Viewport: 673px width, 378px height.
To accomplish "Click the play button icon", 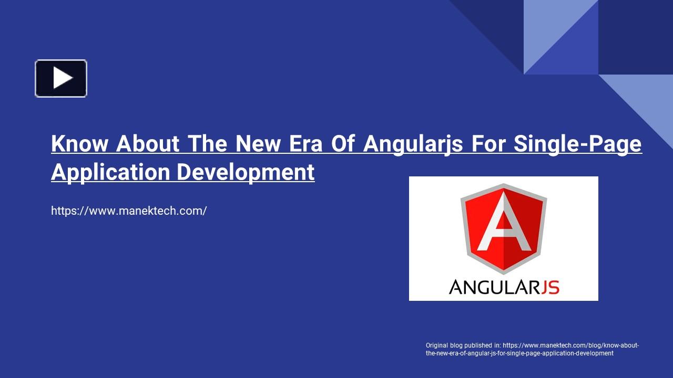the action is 61,78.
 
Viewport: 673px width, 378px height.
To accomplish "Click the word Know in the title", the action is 79,143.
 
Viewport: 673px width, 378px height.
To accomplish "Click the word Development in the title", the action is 246,173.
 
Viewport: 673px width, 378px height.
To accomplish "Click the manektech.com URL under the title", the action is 129,211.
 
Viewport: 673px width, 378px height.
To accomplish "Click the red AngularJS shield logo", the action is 504,228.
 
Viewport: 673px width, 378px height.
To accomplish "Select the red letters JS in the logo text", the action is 550,287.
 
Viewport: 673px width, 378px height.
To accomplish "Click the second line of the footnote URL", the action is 519,353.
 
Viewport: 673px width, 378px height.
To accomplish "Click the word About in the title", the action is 148,143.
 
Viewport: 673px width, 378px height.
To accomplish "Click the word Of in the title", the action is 343,143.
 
